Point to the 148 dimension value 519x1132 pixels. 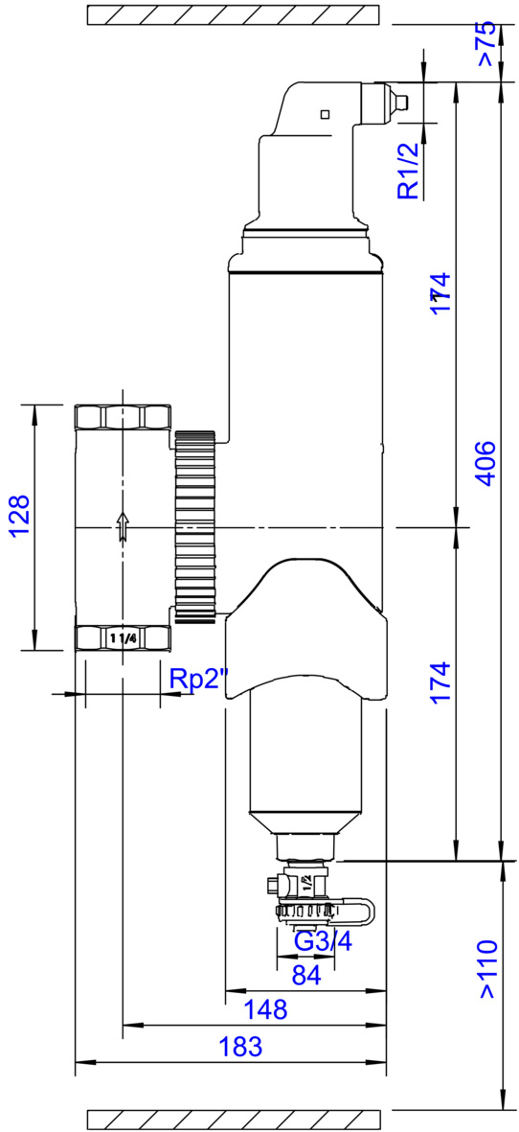pos(264,1008)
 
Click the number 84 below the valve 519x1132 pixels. pos(305,975)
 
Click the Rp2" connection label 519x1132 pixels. pos(199,681)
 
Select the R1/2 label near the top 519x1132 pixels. pos(409,171)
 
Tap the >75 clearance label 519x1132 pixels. pos(487,45)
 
